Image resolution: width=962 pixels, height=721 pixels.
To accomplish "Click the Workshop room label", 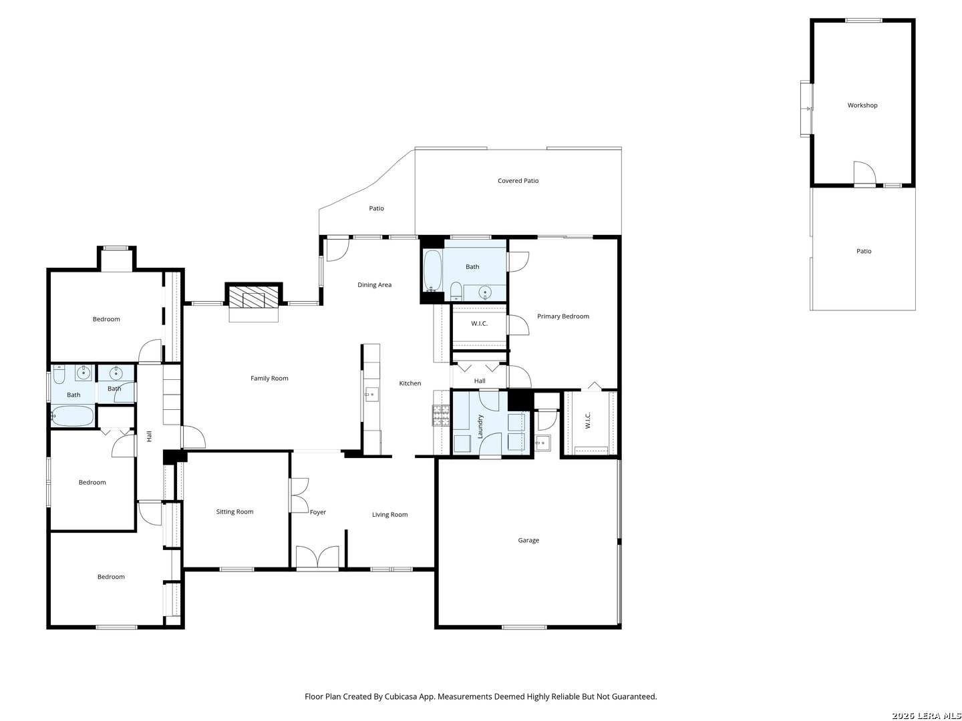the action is pos(862,105).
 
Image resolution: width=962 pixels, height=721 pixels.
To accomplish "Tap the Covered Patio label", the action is pos(518,180).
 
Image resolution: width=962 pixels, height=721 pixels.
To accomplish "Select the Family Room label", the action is pos(269,379).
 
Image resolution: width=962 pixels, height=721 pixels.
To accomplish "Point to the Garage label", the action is pos(528,540).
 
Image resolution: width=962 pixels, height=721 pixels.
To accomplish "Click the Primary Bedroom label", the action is pos(563,316).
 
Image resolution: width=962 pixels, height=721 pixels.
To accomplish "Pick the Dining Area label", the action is pos(374,284).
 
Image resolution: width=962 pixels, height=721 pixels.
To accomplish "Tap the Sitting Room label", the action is pos(234,511).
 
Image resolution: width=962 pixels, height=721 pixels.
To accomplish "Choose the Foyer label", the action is pos(318,512).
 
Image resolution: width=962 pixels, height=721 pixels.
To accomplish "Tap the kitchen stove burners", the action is pos(441,415).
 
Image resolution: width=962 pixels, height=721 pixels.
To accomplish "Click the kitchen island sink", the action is pos(371,394).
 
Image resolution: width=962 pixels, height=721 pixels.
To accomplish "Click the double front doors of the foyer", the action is pos(317,557).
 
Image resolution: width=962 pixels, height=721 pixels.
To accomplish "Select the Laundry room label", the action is pos(480,427).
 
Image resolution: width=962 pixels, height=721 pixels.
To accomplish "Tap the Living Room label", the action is pos(389,514).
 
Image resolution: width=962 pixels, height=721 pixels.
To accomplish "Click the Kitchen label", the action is pos(410,383).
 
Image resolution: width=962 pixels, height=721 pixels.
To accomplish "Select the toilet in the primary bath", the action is pos(456,291).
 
